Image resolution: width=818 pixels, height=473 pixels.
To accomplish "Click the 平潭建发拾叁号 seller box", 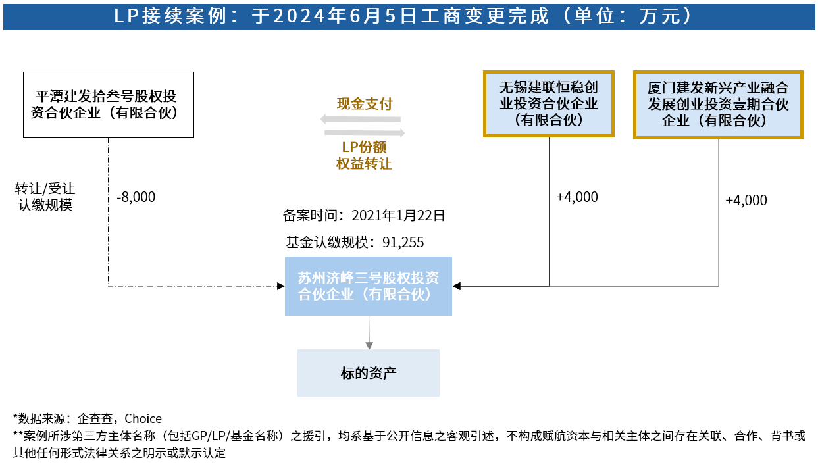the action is click(109, 105).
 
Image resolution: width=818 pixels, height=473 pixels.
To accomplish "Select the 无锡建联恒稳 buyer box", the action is click(548, 104).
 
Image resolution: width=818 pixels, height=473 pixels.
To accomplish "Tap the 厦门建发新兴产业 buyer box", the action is click(718, 105).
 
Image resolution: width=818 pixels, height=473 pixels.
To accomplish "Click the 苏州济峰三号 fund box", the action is click(369, 286).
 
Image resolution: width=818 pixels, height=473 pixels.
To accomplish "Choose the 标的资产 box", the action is click(369, 373).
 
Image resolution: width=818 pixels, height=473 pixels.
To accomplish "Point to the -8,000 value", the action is click(136, 197).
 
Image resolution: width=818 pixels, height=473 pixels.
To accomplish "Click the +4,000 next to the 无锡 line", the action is click(577, 197).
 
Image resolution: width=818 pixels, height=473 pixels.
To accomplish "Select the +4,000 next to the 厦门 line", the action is click(746, 201).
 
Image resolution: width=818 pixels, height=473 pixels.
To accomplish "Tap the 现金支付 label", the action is click(365, 104).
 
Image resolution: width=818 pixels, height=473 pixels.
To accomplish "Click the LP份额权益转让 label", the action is click(364, 155).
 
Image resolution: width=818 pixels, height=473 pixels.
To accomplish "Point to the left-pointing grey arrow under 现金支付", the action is click(360, 119).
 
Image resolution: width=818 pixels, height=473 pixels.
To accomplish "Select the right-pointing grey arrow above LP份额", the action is click(365, 132).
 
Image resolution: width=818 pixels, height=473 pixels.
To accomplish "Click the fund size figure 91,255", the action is click(403, 242).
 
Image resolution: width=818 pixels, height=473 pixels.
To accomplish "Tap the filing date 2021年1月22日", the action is click(398, 216).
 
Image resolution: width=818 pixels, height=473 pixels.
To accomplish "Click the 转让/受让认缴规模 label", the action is click(45, 197).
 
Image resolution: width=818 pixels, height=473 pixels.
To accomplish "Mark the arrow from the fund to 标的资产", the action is click(369, 332).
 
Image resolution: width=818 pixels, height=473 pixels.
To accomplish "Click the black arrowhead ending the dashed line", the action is click(281, 286).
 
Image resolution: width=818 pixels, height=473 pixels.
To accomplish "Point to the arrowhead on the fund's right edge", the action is click(457, 286).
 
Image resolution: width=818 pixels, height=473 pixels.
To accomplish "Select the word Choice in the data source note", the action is click(143, 418).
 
